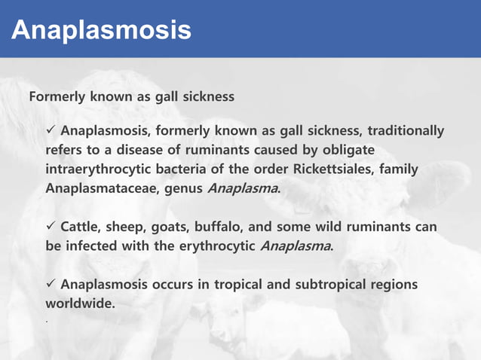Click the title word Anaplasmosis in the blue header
101,29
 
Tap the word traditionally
406,131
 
